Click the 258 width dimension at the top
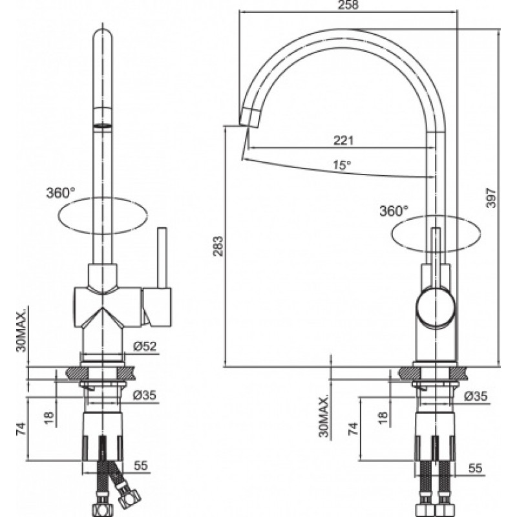click(x=348, y=5)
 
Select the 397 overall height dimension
click(x=491, y=198)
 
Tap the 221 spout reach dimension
click(x=343, y=140)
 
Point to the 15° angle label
click(x=342, y=165)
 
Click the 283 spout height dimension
click(x=218, y=246)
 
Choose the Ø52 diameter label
click(x=144, y=346)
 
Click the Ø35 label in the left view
click(x=144, y=395)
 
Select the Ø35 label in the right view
click(x=476, y=396)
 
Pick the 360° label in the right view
click(x=394, y=211)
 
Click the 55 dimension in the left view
click(x=141, y=465)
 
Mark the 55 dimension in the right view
click(x=475, y=468)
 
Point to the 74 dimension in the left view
click(x=21, y=428)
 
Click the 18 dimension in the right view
click(x=383, y=417)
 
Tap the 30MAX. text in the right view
click(x=324, y=415)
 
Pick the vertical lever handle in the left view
click(x=162, y=257)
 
